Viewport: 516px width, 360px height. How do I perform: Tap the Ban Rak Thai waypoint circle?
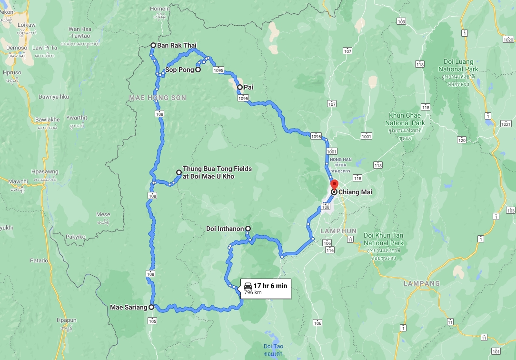point(153,46)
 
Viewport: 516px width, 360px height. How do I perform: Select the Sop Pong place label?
point(179,70)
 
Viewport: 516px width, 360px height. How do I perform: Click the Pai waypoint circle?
point(240,87)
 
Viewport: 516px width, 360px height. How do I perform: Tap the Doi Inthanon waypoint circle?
point(248,229)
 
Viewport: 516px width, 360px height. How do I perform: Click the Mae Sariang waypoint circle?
point(151,307)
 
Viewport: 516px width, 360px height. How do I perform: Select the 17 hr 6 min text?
point(270,286)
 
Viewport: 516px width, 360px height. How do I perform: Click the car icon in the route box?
point(248,286)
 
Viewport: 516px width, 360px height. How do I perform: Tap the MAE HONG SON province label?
point(157,98)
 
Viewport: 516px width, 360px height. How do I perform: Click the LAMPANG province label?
point(422,283)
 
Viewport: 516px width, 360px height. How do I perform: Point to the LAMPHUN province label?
point(338,231)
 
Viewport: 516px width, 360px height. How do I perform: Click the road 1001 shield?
point(366,136)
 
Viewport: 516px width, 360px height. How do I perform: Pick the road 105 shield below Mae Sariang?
point(152,321)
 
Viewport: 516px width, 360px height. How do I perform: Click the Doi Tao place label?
point(273,346)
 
